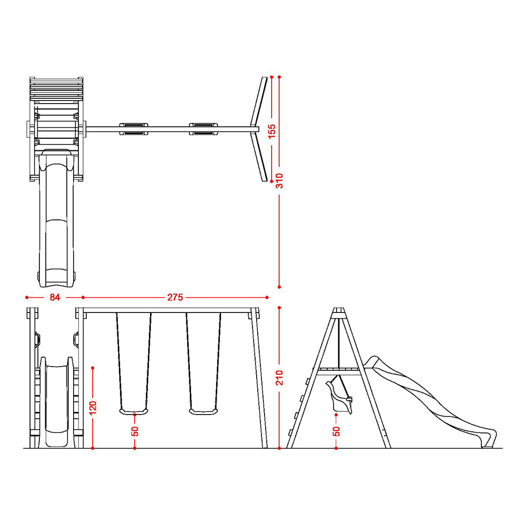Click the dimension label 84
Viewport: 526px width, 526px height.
point(55,297)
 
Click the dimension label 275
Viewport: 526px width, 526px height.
point(175,297)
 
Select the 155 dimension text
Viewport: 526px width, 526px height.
point(272,131)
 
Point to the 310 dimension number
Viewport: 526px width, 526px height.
point(279,180)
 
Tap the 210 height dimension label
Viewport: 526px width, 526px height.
point(279,378)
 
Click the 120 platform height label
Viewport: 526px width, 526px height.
point(93,408)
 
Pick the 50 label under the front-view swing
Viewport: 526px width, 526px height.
point(135,431)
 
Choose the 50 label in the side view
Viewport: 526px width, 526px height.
point(337,431)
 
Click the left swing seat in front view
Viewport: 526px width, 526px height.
point(134,411)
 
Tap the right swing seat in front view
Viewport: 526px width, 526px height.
point(203,411)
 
